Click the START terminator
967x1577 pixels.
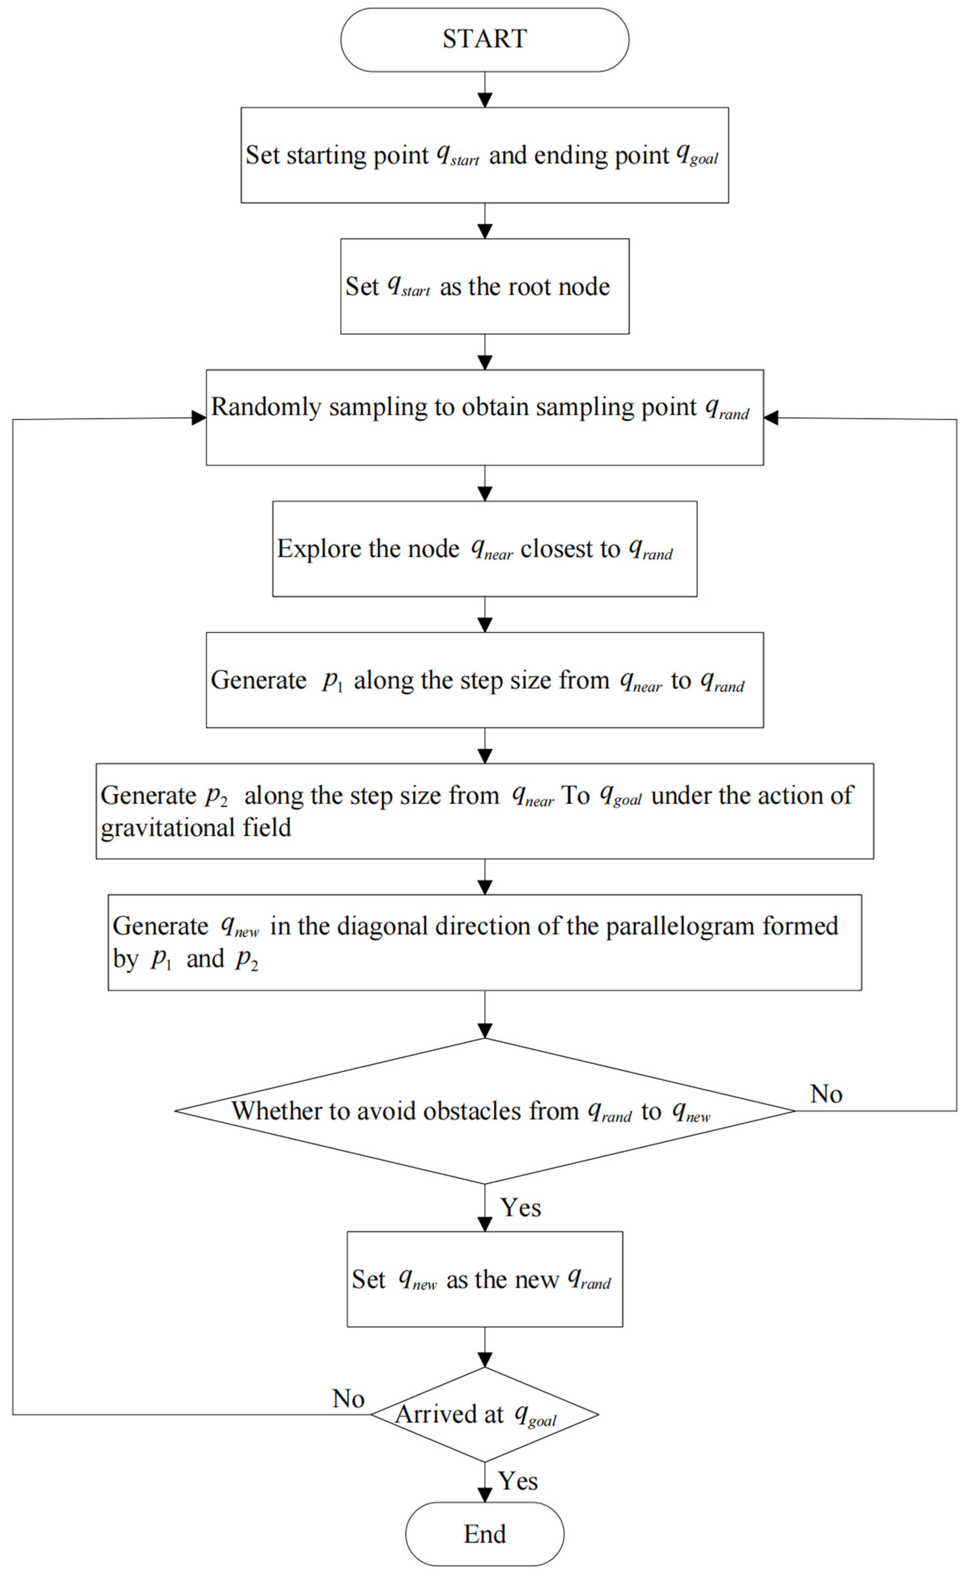coord(484,39)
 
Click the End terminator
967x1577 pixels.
coord(484,1534)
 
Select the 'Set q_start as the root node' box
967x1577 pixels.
coord(484,286)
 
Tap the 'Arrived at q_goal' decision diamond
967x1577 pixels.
coord(484,1415)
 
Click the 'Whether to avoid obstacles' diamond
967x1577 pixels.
coord(484,1111)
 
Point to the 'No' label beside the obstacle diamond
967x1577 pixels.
coord(825,1094)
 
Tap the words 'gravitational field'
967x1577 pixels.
coord(196,827)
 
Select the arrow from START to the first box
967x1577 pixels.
coord(484,90)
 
